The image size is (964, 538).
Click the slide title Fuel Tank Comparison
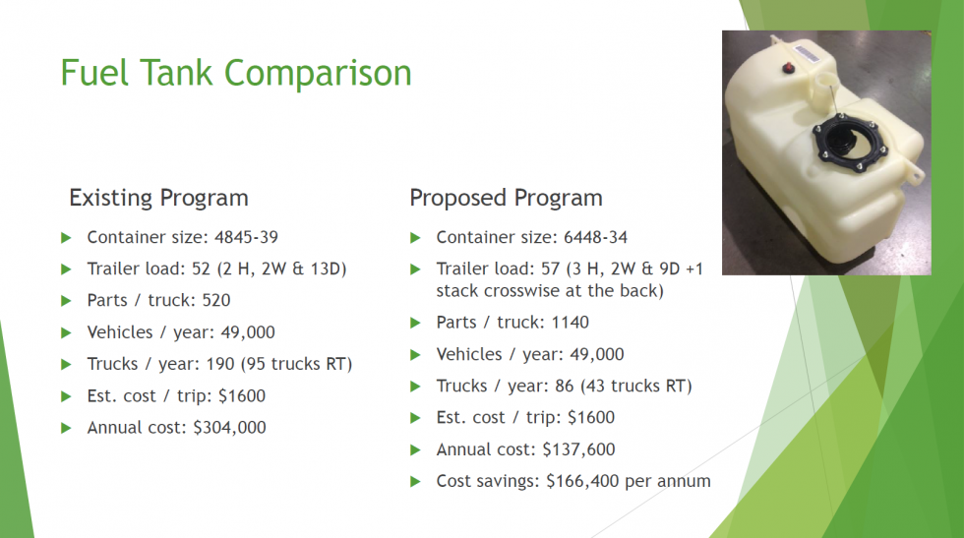click(236, 73)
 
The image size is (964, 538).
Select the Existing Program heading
click(158, 198)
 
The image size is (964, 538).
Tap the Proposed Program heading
click(506, 198)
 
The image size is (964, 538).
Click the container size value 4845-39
click(246, 237)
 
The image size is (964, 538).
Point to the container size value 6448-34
click(596, 237)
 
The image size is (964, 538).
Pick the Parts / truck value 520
click(215, 300)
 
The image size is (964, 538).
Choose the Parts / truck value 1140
click(570, 323)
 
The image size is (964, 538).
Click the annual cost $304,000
click(229, 427)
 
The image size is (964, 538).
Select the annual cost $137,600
click(578, 449)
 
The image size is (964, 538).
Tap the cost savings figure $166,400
click(582, 481)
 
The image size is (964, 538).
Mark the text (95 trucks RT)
click(296, 364)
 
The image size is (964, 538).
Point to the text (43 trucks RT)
click(636, 387)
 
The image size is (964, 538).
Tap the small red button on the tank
click(788, 68)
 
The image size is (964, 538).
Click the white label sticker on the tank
click(806, 52)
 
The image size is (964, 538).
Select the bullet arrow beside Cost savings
click(415, 481)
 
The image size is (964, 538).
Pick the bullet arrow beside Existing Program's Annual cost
click(67, 428)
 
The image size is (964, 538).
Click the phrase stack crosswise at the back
click(550, 291)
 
